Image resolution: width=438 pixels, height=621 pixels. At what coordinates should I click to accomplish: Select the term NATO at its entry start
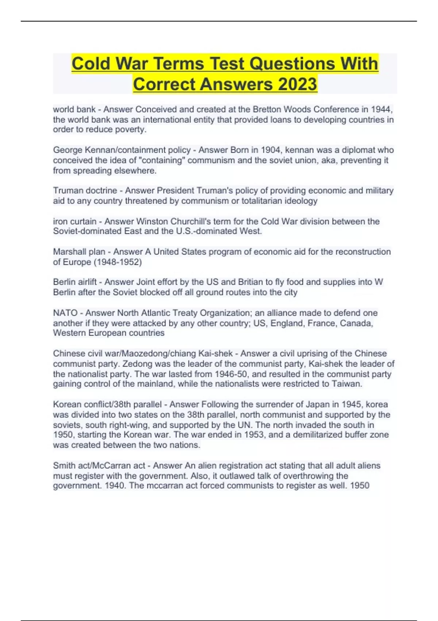coord(65,313)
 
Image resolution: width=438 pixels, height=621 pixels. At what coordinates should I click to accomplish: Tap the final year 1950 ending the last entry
coord(360,485)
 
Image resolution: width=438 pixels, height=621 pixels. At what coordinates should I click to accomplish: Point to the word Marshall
coord(69,252)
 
